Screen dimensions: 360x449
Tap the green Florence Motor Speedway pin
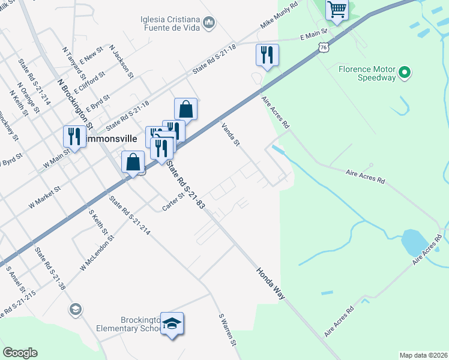405,73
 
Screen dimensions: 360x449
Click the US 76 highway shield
324,46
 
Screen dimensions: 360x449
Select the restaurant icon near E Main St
267,55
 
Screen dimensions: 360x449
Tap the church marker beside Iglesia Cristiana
209,23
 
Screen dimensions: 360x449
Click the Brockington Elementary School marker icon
172,323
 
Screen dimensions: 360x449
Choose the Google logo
20,353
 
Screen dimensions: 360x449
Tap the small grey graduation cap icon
75,309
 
